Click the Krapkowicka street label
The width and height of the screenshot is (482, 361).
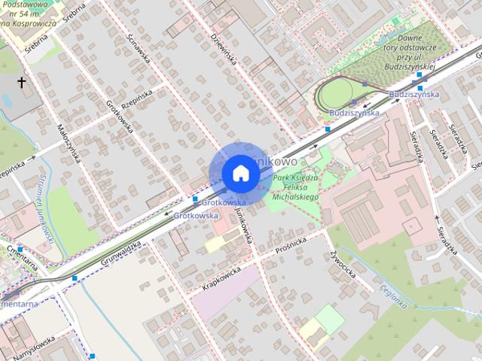221,278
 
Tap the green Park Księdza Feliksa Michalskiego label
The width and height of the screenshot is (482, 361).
296,187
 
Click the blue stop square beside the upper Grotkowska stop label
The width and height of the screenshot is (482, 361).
195,199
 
